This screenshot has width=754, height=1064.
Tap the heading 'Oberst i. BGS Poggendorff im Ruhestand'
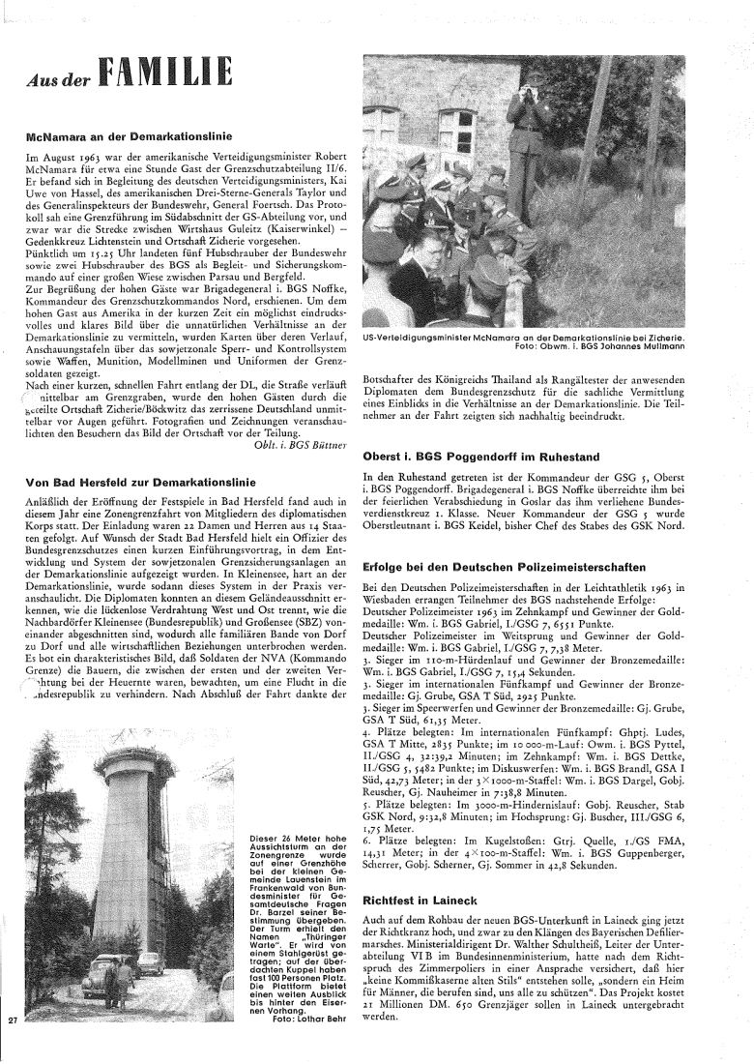coord(481,455)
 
